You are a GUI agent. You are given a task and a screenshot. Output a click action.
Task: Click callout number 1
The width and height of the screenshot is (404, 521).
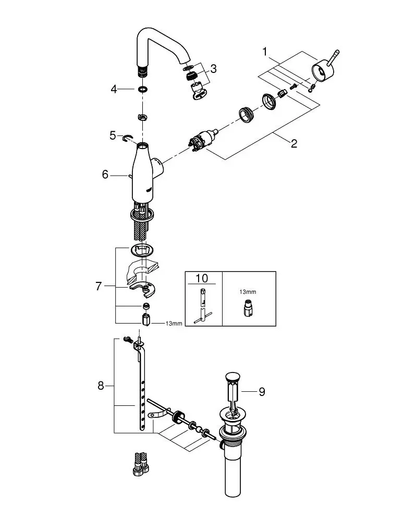[x=265, y=52]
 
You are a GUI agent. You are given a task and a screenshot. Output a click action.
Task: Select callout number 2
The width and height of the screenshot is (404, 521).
[x=294, y=144]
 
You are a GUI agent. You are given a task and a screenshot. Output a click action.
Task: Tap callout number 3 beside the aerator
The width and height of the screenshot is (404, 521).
[x=213, y=69]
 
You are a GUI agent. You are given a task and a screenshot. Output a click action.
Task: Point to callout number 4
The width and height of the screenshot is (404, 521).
[x=114, y=90]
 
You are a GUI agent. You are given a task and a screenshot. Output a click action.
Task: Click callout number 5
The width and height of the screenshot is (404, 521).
[x=113, y=135]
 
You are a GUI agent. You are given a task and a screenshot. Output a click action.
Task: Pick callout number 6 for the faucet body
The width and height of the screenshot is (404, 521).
[x=105, y=175]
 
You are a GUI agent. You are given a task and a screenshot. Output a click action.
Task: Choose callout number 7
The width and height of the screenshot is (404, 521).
[x=99, y=286]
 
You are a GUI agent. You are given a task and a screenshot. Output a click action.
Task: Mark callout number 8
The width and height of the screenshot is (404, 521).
[x=101, y=386]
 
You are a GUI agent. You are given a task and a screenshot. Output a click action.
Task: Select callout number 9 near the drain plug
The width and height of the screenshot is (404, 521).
[x=262, y=392]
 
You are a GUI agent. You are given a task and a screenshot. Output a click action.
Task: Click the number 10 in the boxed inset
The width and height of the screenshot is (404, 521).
[x=202, y=278]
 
